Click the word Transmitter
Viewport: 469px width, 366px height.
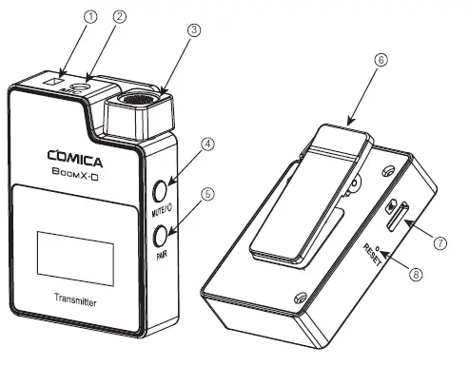tap(80, 302)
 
